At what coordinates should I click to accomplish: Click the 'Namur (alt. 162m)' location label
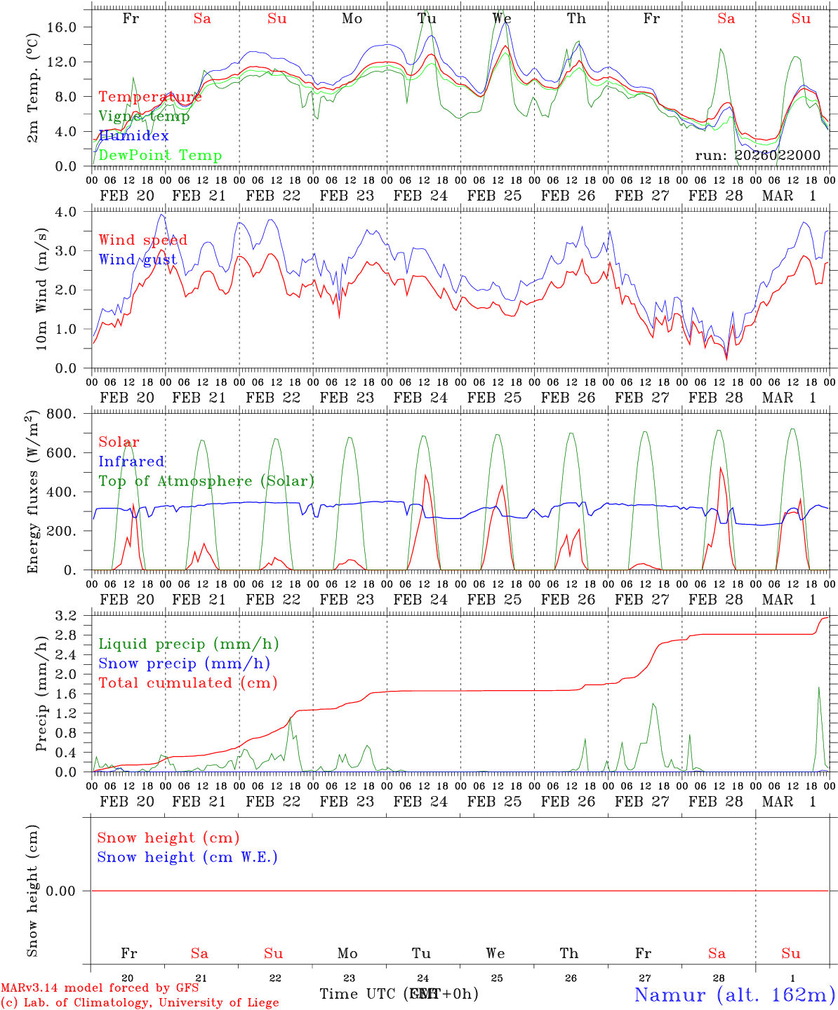pos(734,995)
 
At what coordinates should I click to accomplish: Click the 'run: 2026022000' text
pos(757,155)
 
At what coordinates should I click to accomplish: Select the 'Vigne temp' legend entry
pos(144,116)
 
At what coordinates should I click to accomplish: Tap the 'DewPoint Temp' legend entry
pos(160,156)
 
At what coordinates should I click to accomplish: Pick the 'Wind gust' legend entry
pos(138,260)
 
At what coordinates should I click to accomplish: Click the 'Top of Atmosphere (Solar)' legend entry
pos(206,481)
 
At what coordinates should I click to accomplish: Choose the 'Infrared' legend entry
pos(131,462)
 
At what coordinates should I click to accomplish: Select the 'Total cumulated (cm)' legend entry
pos(187,682)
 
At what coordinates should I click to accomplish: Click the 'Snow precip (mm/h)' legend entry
pos(184,663)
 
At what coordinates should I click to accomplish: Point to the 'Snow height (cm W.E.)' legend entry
pos(187,857)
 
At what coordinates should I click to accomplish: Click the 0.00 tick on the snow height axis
pos(69,891)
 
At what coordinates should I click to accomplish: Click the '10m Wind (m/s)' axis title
pos(41,289)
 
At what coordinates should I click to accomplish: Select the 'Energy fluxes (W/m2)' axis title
pos(32,492)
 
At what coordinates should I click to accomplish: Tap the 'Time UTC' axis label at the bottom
pos(359,994)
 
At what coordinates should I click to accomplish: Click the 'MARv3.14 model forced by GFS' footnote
pos(100,988)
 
